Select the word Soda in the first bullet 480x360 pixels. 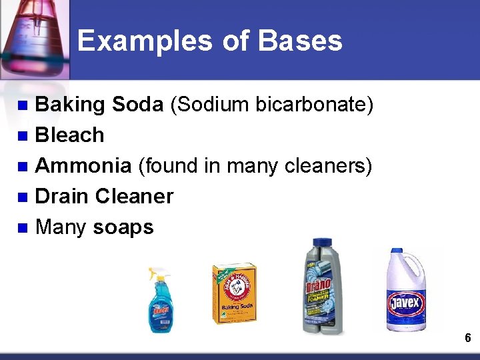coord(137,105)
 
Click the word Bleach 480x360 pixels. coord(69,135)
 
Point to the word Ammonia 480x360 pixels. coord(83,166)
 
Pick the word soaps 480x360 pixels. coord(123,227)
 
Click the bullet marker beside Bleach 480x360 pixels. coord(22,136)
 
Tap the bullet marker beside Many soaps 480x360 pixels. coord(22,228)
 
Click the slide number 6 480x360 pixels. coord(467,338)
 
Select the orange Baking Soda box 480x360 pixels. coord(234,293)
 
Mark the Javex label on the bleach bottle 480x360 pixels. coord(406,304)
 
